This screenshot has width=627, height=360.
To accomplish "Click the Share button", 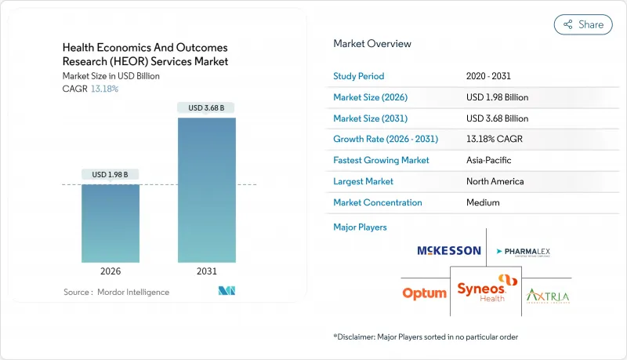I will [x=583, y=24].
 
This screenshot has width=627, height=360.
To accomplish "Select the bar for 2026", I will [x=111, y=224].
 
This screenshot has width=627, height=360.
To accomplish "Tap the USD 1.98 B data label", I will [x=111, y=174].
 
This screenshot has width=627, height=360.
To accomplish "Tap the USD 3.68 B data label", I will [x=206, y=107].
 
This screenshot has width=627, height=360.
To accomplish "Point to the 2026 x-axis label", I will [x=111, y=271].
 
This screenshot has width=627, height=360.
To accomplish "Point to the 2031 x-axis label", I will [x=206, y=271].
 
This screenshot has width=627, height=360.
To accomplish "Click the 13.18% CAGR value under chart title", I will [x=103, y=89].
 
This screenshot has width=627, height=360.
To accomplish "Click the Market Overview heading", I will [x=371, y=44].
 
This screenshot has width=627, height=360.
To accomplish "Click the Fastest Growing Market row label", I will [x=381, y=160].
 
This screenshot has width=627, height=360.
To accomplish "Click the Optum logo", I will [x=424, y=293].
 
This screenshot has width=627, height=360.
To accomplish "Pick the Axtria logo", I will [x=548, y=296].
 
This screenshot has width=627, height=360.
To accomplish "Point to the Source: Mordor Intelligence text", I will [x=116, y=292].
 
